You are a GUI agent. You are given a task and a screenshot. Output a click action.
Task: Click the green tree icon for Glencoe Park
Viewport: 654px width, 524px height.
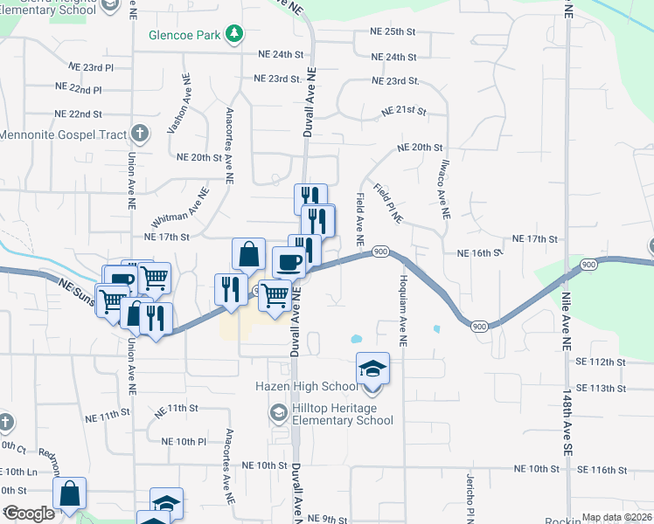tap(233, 34)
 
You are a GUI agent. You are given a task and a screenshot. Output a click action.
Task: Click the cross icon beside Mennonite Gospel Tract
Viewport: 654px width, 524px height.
tap(138, 134)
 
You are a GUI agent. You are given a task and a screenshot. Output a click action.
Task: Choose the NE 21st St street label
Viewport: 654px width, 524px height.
tap(403, 112)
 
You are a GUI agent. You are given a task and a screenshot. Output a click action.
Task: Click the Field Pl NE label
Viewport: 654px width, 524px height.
tap(386, 203)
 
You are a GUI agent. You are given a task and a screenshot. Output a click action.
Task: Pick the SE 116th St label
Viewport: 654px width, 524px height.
tap(602, 470)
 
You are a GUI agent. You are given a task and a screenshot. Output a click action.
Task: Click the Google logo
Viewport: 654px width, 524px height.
tap(29, 514)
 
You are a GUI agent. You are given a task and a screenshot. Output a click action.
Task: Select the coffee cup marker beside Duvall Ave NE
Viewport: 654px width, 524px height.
tap(289, 262)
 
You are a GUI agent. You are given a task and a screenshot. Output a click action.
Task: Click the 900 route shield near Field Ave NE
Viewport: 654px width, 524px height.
tap(379, 252)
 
